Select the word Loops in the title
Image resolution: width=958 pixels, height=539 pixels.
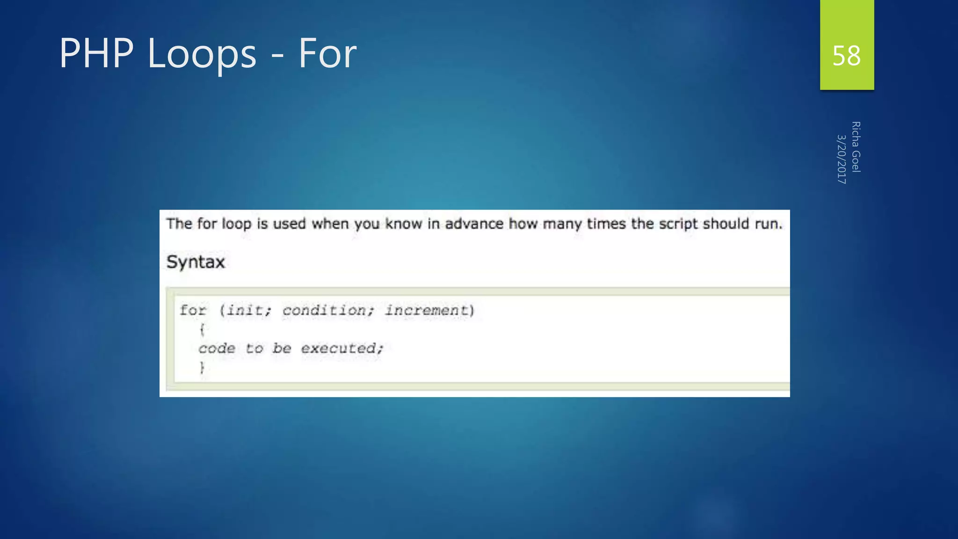[x=202, y=54]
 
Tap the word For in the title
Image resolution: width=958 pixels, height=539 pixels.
[x=327, y=53]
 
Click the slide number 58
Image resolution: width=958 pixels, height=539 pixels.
[x=846, y=56]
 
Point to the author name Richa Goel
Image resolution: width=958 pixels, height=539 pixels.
[x=856, y=147]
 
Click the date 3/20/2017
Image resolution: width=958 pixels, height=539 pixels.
[x=841, y=159]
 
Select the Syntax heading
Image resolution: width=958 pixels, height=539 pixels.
[x=196, y=262]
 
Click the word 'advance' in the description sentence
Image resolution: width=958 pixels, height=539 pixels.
[x=474, y=224]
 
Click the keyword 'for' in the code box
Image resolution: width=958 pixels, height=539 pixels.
[x=193, y=310]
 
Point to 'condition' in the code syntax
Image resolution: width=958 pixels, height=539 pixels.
[x=325, y=310]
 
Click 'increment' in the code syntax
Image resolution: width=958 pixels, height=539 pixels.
[x=426, y=310]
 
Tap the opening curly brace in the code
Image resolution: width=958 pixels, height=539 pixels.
[x=202, y=329]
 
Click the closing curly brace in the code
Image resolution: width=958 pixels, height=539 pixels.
[x=202, y=368]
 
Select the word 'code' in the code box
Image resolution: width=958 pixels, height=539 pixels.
[x=217, y=349]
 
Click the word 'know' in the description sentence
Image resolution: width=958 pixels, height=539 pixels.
[x=403, y=224]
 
